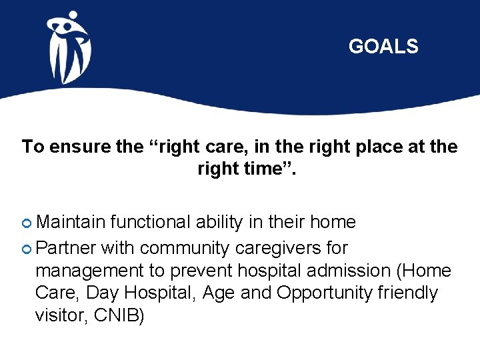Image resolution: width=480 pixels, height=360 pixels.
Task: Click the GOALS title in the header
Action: (x=383, y=47)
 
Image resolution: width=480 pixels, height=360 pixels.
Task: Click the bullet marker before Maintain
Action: (x=27, y=223)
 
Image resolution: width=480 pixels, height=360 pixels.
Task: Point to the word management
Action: (x=89, y=271)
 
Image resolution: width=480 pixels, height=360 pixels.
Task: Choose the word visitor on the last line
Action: (x=59, y=315)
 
